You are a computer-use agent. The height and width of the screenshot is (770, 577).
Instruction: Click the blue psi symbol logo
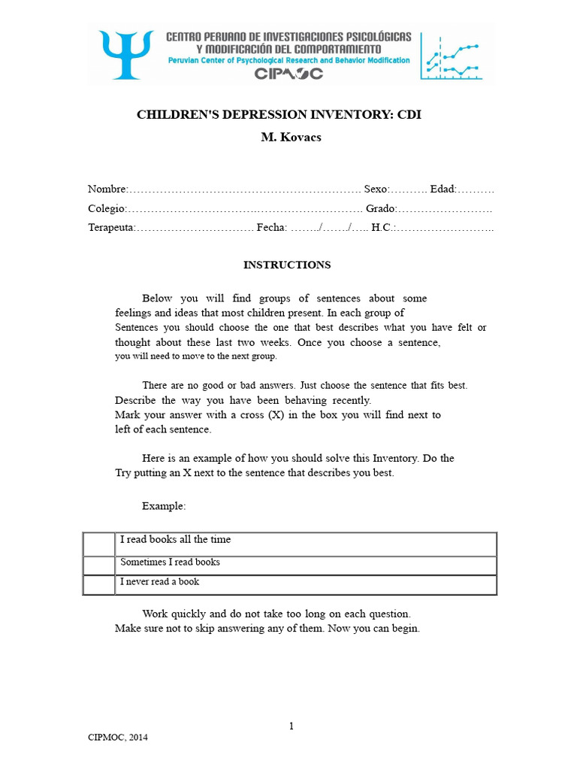click(123, 53)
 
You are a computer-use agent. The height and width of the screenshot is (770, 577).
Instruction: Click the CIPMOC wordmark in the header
click(288, 73)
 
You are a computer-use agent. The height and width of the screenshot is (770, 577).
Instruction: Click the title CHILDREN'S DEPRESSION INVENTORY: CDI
click(284, 115)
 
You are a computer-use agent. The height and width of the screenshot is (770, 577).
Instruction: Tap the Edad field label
click(443, 189)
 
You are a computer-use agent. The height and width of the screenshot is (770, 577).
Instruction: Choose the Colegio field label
click(107, 208)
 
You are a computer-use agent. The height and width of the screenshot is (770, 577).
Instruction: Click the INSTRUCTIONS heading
click(286, 265)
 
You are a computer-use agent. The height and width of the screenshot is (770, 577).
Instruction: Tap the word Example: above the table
click(163, 506)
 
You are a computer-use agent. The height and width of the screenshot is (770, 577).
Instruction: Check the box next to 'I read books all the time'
click(98, 544)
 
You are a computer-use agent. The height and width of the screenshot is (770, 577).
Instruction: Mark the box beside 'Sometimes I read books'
click(98, 565)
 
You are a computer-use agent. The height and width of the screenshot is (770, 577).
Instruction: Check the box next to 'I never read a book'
click(98, 584)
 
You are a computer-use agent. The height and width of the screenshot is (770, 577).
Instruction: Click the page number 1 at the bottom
click(291, 726)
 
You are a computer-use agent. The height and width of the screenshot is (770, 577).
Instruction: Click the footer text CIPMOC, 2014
click(118, 738)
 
